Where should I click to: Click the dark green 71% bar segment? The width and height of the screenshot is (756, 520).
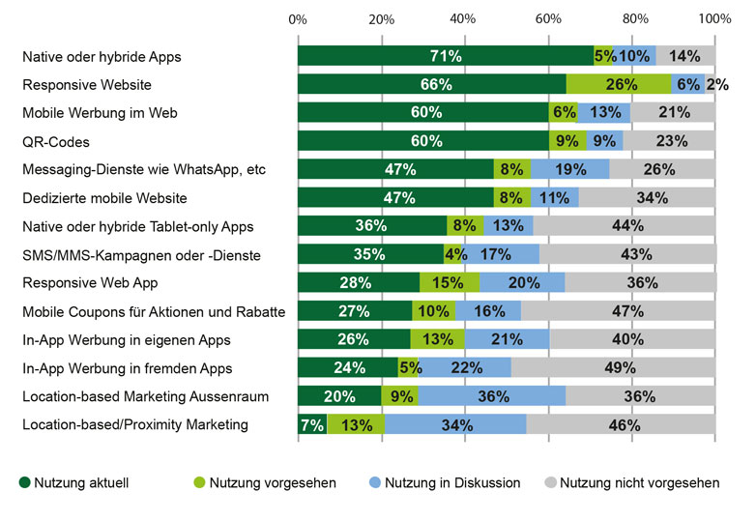pyautogui.click(x=446, y=56)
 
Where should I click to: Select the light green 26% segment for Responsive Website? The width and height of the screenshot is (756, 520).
pyautogui.click(x=619, y=85)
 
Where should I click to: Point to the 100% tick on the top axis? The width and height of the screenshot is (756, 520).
pyautogui.click(x=714, y=19)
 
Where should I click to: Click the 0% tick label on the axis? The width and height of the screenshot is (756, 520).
pyautogui.click(x=299, y=19)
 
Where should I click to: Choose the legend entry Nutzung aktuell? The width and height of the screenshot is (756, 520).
pyautogui.click(x=73, y=482)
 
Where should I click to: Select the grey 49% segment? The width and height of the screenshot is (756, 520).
pyautogui.click(x=614, y=368)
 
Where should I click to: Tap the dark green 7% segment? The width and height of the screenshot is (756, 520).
pyautogui.click(x=312, y=425)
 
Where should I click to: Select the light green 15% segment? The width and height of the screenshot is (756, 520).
pyautogui.click(x=450, y=283)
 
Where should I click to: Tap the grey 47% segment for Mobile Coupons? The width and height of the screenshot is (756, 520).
pyautogui.click(x=618, y=311)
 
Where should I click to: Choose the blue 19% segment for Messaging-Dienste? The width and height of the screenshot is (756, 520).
pyautogui.click(x=569, y=170)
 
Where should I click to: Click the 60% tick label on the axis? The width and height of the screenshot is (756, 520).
pyautogui.click(x=548, y=19)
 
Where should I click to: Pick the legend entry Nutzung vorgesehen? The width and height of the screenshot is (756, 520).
pyautogui.click(x=271, y=482)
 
